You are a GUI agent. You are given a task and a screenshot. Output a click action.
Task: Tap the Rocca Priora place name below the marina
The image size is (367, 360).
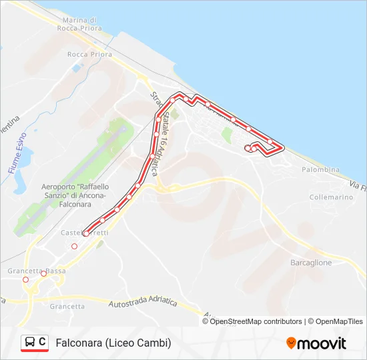90,55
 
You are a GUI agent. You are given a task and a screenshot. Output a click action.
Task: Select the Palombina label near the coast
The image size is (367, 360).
320,169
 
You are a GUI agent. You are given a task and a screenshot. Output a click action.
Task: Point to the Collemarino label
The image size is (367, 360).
331,197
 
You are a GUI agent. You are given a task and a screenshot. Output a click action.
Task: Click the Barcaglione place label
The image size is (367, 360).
311,263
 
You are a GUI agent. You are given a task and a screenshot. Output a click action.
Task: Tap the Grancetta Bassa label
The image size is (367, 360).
37,271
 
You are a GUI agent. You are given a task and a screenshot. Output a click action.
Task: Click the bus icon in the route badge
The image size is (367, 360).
30,343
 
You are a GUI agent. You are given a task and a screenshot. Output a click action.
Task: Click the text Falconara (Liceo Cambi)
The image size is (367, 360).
113,343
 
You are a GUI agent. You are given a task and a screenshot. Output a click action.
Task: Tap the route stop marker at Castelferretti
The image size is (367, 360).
85,233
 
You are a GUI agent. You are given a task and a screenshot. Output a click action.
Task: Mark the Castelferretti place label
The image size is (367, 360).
85,233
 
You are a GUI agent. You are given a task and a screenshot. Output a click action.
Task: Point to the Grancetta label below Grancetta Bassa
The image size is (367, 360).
67,307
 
